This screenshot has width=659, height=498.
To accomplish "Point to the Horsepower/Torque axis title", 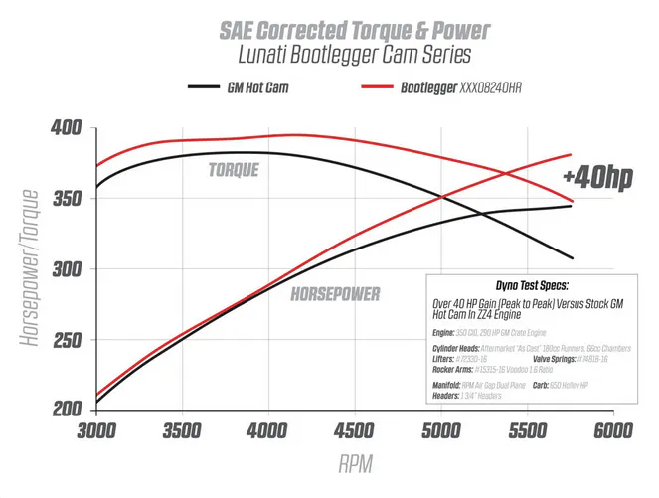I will point(31,268).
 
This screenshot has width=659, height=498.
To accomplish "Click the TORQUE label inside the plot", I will point(234,170).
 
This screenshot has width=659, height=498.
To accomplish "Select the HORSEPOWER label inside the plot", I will point(338,295).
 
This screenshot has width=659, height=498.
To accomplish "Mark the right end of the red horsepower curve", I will point(572,154).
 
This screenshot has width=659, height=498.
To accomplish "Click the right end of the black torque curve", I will point(572,258).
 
